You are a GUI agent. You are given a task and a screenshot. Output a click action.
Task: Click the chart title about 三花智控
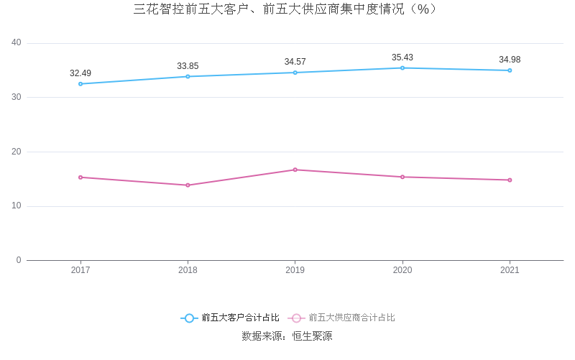click(x=286, y=9)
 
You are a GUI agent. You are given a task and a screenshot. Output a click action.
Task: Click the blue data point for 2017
click(x=80, y=84)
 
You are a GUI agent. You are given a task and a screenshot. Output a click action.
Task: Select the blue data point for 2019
click(x=295, y=73)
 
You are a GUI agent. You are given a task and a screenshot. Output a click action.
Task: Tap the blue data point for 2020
click(x=402, y=68)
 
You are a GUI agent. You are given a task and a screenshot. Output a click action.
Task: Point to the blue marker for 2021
click(x=510, y=70)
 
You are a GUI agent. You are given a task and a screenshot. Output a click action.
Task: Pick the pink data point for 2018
click(x=188, y=185)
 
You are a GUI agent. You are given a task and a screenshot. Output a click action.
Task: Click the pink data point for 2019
click(x=295, y=170)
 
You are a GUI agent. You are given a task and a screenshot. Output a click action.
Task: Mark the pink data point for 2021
click(x=510, y=180)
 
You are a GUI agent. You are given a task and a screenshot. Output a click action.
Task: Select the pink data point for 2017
click(x=80, y=177)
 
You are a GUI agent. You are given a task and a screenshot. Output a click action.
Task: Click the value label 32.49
click(x=80, y=73)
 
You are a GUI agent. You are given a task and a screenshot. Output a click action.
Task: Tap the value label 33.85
click(x=188, y=66)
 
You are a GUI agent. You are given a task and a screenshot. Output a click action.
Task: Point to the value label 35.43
click(x=402, y=57)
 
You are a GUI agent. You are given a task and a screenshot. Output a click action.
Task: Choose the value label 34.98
click(x=510, y=60)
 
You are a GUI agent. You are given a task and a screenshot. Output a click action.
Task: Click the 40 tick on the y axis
click(x=17, y=43)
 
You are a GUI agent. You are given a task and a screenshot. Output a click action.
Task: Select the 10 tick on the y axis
click(x=17, y=206)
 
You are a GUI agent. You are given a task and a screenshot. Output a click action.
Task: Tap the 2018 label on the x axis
click(x=188, y=270)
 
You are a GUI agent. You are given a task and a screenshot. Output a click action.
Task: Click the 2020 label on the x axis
click(x=402, y=270)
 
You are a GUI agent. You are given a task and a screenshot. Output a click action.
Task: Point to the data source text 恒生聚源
click(x=312, y=336)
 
